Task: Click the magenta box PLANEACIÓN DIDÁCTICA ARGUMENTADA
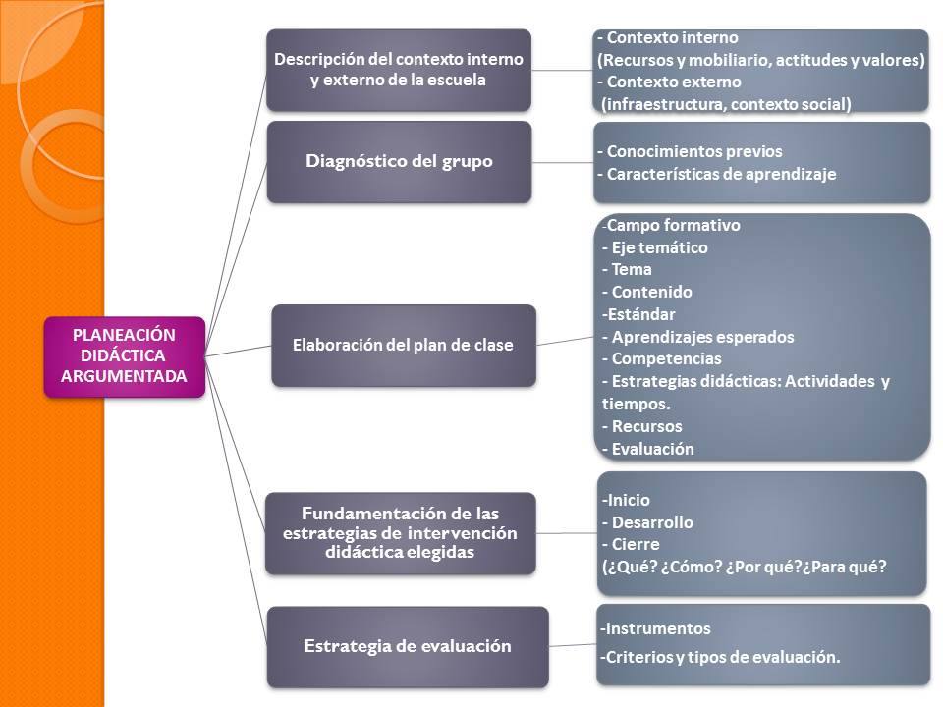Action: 125,356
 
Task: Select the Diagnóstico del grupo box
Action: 399,162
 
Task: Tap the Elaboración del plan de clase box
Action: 404,345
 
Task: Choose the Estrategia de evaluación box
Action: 408,646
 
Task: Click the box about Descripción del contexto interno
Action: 399,70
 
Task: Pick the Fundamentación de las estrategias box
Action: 401,532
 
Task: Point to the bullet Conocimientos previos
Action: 690,151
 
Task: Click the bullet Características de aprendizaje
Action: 717,175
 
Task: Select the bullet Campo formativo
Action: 671,226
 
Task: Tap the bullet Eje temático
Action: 655,247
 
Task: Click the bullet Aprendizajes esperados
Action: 697,337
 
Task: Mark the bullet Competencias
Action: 661,359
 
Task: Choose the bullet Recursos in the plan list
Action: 642,426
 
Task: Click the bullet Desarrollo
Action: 647,522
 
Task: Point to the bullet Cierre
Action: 631,545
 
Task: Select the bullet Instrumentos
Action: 655,628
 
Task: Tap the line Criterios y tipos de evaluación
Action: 720,657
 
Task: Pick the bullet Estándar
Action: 638,314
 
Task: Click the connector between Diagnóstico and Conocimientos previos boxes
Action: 563,162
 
